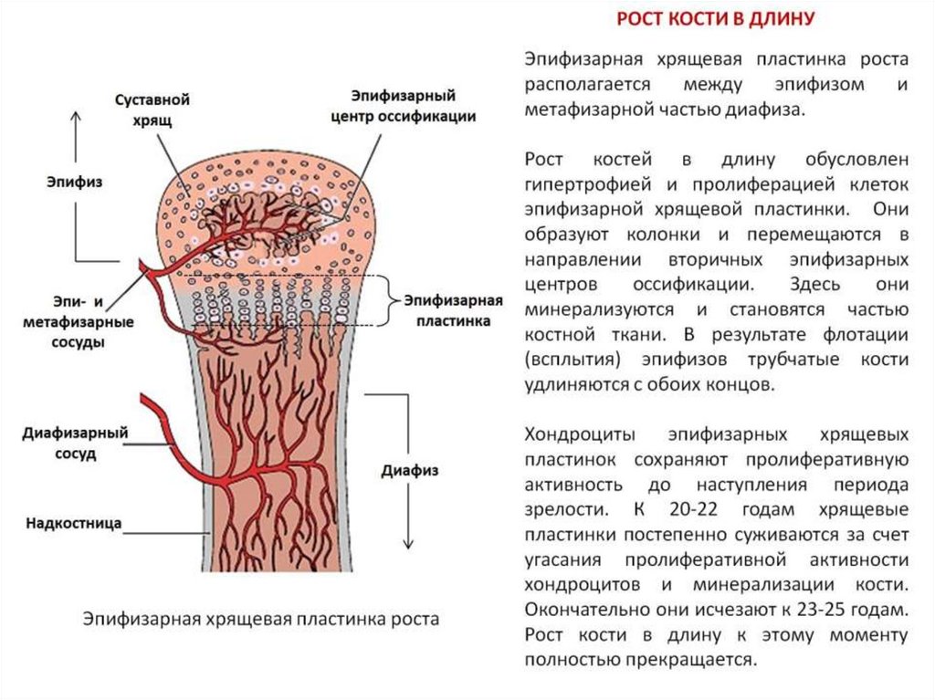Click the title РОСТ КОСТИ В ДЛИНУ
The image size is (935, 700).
(x=716, y=18)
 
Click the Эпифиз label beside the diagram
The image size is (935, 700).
(x=75, y=182)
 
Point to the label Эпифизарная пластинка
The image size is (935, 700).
(x=454, y=310)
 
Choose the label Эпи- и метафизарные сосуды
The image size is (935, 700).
(x=79, y=321)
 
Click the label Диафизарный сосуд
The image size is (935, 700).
(x=75, y=443)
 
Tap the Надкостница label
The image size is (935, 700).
(x=74, y=524)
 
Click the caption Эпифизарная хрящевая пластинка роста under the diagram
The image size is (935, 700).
(x=261, y=620)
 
